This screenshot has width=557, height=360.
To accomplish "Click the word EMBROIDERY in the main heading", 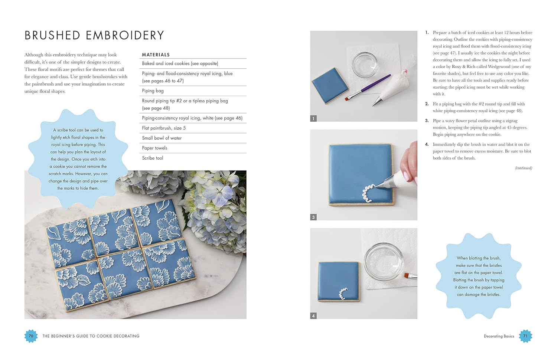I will pos(125,36).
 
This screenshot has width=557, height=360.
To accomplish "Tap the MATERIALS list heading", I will pos(156,55).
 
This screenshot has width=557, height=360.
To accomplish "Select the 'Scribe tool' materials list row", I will pos(153,158).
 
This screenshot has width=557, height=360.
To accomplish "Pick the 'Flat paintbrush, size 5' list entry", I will pos(164,128).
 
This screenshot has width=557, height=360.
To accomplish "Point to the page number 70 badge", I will pos(31,336).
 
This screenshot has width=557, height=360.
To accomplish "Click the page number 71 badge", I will pos(525,336).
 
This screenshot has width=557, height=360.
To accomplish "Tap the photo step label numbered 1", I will pos(313,118).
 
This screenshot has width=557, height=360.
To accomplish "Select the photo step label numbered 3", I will pos(313,217).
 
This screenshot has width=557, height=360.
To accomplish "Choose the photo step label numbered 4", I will pos(313,316).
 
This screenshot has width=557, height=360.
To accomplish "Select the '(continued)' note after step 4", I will pos(524,168).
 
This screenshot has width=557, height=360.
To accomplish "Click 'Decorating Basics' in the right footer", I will pos(499,336).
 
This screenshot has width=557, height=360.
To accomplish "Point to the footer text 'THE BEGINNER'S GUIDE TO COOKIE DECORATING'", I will pos(91,336).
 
